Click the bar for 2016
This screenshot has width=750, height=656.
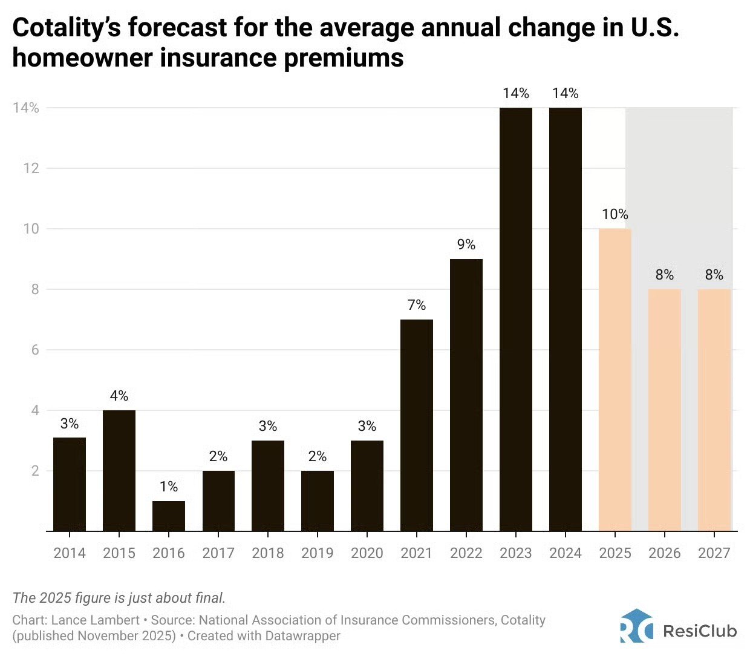[169, 516]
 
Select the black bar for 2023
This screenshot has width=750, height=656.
[516, 320]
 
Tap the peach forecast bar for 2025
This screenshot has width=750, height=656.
[615, 380]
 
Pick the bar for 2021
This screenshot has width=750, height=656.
[417, 425]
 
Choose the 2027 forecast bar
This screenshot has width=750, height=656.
[714, 410]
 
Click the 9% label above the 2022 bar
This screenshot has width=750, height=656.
[466, 244]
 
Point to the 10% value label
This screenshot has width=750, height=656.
[615, 214]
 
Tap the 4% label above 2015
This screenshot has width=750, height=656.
[119, 396]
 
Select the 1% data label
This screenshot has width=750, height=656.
[169, 487]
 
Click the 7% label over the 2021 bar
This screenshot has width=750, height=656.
[417, 305]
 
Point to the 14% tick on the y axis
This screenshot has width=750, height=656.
[25, 108]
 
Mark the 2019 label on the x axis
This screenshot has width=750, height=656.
[318, 553]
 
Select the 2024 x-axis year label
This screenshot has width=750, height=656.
[566, 553]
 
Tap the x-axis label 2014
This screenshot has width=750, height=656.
[70, 553]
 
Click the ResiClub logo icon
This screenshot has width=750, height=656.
[636, 626]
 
